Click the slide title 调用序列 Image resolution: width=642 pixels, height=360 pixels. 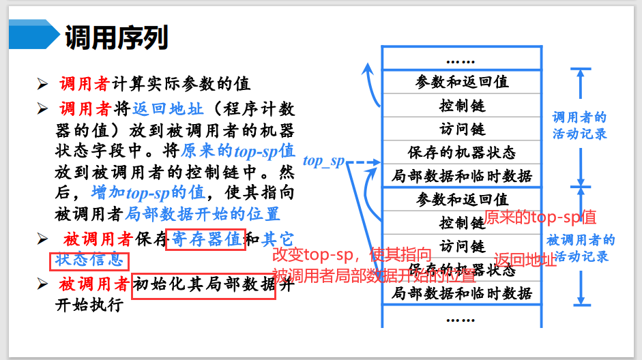point(116,38)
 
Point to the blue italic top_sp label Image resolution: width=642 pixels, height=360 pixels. point(323,162)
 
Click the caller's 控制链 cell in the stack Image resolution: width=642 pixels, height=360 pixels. point(462,106)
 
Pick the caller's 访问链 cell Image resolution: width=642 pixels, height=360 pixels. point(462,129)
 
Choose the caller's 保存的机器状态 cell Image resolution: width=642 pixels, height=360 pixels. point(462,152)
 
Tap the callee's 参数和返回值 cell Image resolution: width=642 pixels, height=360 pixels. point(462,199)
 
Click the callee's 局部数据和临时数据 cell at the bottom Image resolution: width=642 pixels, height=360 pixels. point(462,293)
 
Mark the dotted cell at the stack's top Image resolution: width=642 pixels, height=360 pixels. point(462,59)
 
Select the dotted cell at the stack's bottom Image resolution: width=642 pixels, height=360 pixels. point(462,317)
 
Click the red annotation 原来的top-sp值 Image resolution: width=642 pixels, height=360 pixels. point(540,217)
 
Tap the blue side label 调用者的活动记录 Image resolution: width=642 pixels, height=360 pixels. point(579,125)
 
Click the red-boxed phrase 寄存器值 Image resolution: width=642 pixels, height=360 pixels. point(205,239)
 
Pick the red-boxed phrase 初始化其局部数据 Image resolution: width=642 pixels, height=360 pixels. point(204,284)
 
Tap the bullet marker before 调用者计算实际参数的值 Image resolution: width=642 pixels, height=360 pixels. point(42,85)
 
